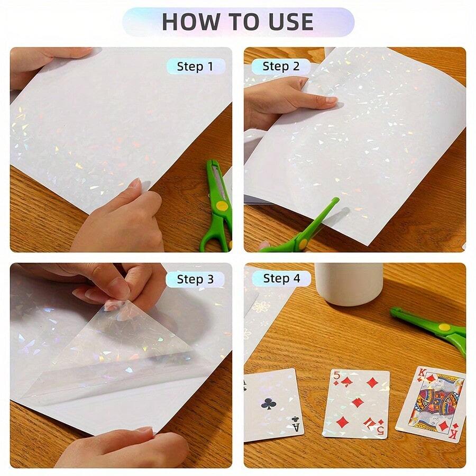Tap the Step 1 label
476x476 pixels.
tap(195, 66)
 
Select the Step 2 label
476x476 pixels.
tap(281, 66)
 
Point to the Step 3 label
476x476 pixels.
tap(195, 279)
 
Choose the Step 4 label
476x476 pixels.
tap(281, 278)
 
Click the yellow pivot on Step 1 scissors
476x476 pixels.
tap(223, 205)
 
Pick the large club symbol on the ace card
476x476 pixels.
tap(268, 404)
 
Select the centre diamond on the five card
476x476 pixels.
tap(358, 402)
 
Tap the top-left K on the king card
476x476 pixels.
tap(420, 373)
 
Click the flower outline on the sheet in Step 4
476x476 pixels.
tap(261, 307)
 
